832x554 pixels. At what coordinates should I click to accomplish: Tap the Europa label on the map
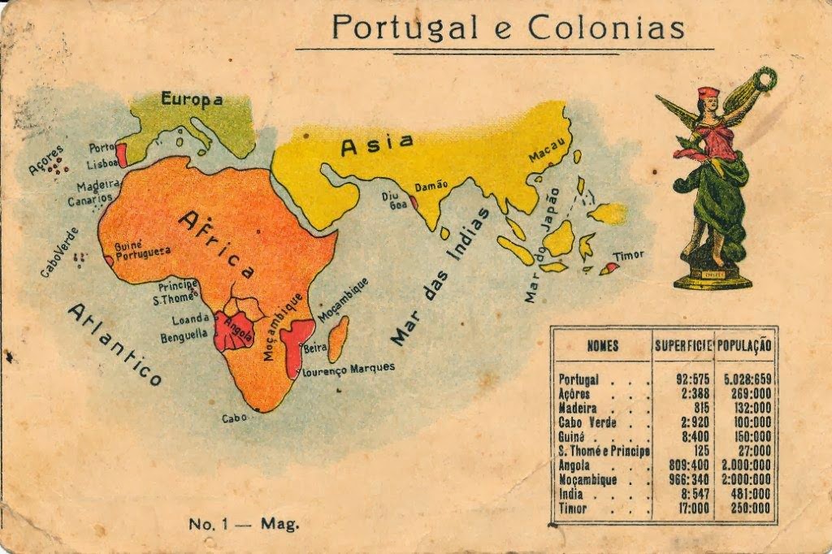(191, 100)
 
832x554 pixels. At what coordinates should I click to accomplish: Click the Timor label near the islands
(628, 255)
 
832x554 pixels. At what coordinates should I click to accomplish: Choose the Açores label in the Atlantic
(45, 159)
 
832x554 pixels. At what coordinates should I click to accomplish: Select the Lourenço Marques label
(349, 369)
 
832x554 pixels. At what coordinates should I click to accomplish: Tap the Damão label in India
(431, 186)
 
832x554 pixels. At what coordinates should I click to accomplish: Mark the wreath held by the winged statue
(763, 80)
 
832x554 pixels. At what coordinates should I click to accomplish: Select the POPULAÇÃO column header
(744, 345)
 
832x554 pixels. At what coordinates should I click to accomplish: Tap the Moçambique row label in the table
(587, 480)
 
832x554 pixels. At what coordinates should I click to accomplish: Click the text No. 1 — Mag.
(244, 524)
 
